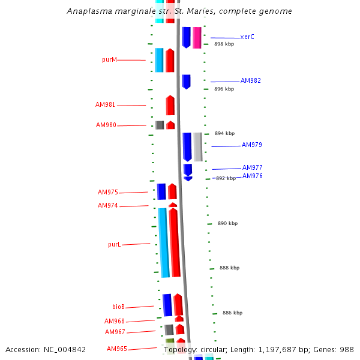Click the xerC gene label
click(x=247, y=37)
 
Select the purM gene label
click(x=109, y=59)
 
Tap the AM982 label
click(x=251, y=80)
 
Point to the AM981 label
click(x=105, y=104)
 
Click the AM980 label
click(x=106, y=125)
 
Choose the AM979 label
click(x=252, y=145)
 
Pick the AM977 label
click(x=253, y=167)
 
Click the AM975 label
click(x=108, y=192)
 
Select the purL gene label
click(x=114, y=244)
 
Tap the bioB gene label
click(x=119, y=307)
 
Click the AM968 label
click(x=115, y=321)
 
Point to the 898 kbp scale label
click(x=224, y=44)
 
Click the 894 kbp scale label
click(x=224, y=133)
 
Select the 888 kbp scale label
click(x=229, y=268)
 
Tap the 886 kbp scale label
click(x=232, y=313)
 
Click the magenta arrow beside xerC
click(x=197, y=37)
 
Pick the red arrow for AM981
click(x=170, y=105)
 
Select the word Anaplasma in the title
click(x=88, y=11)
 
